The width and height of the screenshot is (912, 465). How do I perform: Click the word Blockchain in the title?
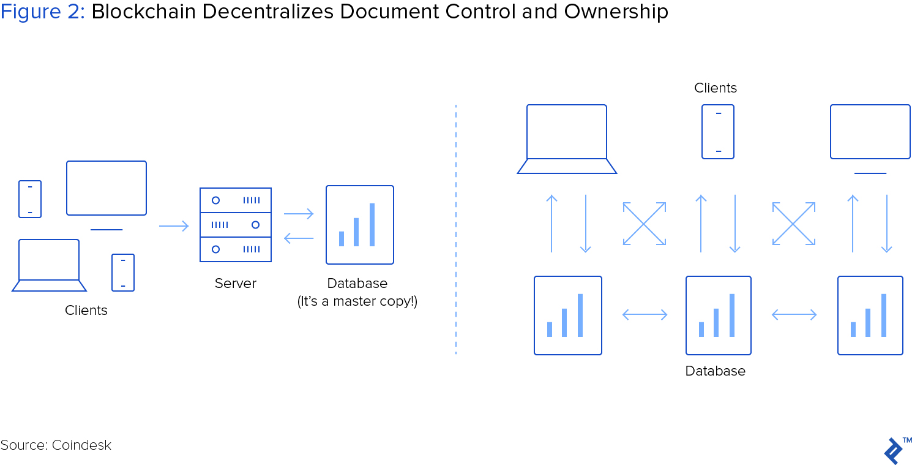click(143, 12)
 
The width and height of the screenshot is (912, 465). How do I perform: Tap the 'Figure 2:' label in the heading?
click(42, 12)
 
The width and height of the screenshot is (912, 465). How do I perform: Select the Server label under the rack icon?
click(235, 283)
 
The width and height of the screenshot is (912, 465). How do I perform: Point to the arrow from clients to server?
click(174, 226)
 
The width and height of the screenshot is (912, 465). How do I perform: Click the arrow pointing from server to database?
click(299, 214)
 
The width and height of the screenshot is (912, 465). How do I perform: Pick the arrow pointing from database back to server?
click(299, 238)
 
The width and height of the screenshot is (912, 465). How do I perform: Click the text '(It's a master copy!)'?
click(357, 301)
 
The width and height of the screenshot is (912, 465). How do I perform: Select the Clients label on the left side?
click(86, 310)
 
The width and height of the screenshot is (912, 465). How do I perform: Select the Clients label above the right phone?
click(716, 88)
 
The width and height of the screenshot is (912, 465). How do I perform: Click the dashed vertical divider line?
click(456, 230)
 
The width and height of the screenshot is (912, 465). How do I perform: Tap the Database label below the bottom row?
click(716, 371)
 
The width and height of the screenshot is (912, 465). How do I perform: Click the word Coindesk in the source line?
click(81, 445)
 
